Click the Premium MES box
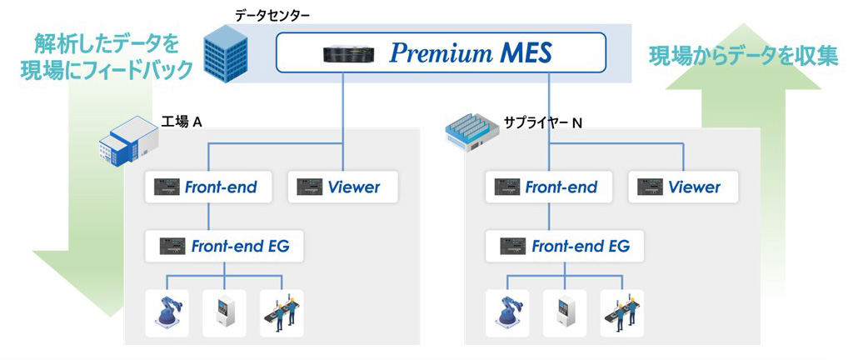click(441, 54)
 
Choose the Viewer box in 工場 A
click(342, 187)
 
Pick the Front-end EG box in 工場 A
click(222, 246)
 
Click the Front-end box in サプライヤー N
click(549, 187)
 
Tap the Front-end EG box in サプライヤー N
click(563, 246)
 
